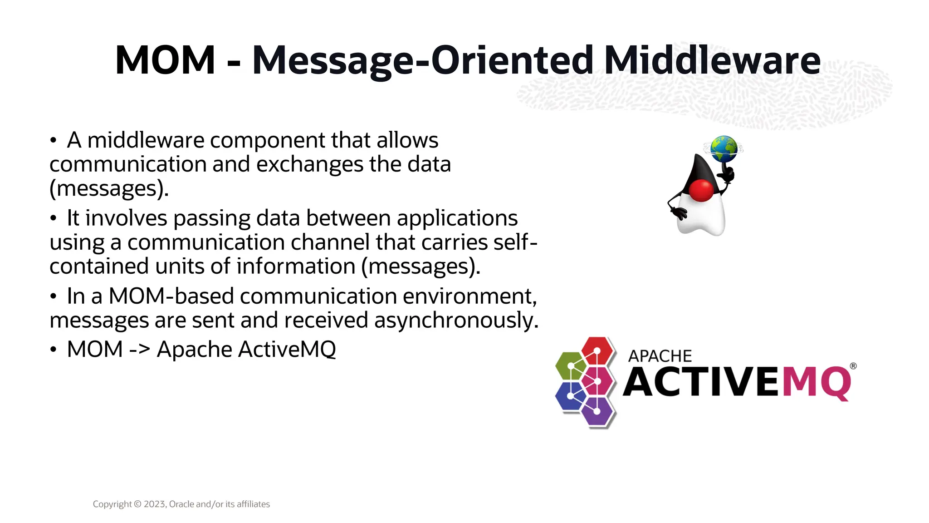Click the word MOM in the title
point(165,60)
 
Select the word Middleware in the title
point(712,60)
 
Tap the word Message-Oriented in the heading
point(422,61)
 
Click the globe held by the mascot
point(724,148)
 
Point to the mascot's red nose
point(701,190)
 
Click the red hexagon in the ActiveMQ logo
point(597,351)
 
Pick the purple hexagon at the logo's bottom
point(597,411)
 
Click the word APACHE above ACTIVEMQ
point(660,356)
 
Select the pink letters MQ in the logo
point(817,382)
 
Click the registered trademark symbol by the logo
point(853,366)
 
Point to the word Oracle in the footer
point(181,504)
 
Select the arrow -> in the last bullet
point(140,350)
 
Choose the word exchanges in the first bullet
point(309,164)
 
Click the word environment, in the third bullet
point(469,296)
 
